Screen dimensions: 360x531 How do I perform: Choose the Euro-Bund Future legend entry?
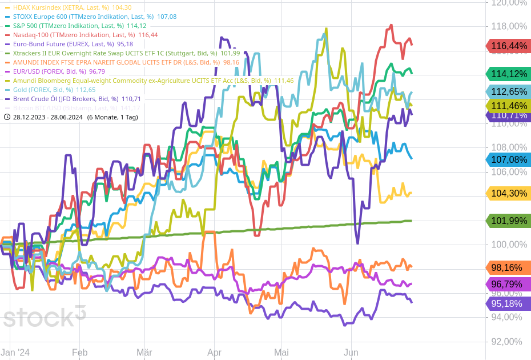(69, 44)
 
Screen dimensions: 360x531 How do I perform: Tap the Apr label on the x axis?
(214, 353)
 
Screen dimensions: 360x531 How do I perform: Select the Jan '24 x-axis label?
(15, 353)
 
